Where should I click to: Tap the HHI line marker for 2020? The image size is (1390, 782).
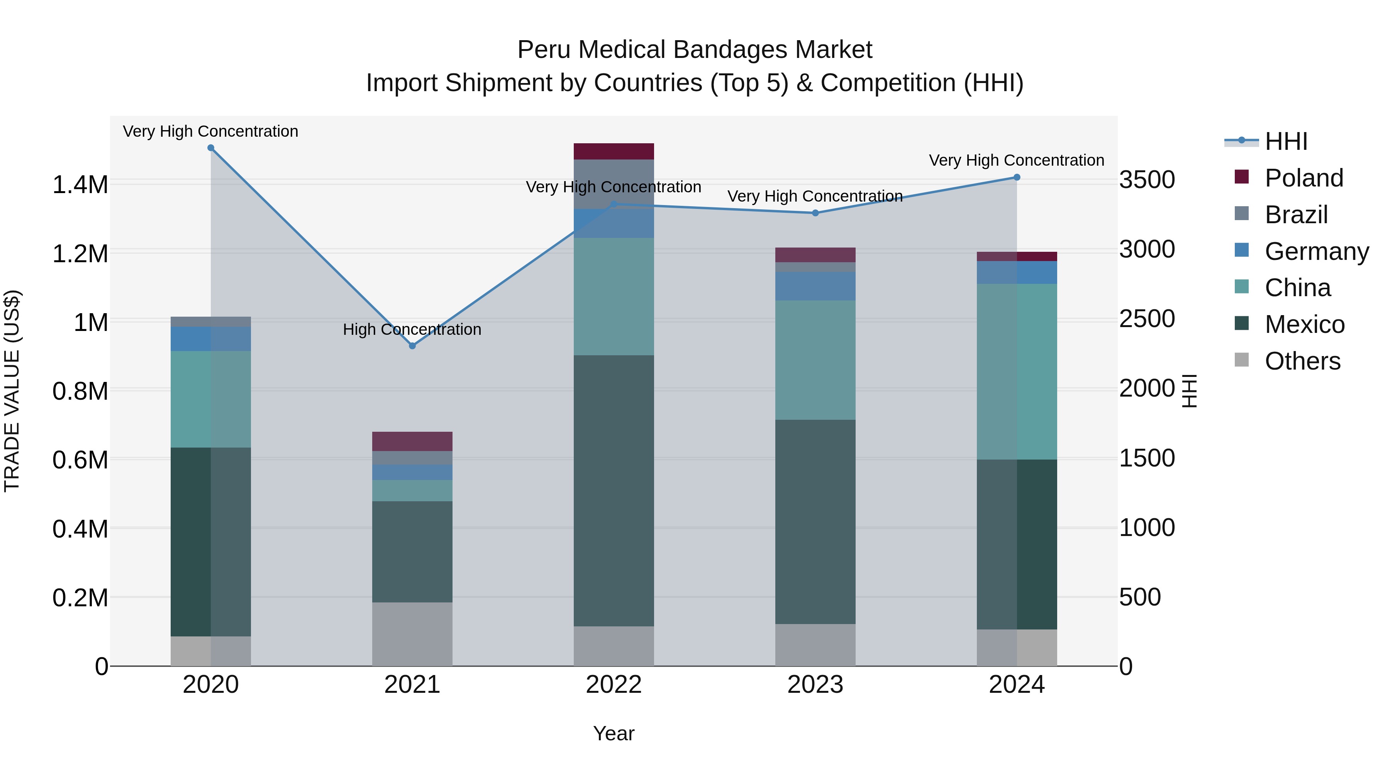click(x=211, y=148)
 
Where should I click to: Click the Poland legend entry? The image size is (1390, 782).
click(x=1303, y=178)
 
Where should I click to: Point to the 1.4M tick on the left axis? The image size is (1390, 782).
click(x=80, y=185)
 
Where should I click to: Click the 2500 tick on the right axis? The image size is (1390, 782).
click(x=1147, y=319)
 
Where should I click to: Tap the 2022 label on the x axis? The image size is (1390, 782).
click(x=614, y=685)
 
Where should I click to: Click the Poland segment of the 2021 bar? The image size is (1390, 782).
click(x=412, y=441)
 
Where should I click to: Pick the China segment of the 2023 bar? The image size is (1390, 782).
click(x=815, y=360)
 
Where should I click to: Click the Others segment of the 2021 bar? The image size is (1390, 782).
click(x=412, y=634)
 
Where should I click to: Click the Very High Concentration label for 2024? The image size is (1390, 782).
click(x=1016, y=160)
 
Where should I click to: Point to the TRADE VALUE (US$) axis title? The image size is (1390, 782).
click(x=12, y=391)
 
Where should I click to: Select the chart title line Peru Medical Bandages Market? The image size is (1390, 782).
click(x=695, y=50)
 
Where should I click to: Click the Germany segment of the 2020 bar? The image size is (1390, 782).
click(x=210, y=339)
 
